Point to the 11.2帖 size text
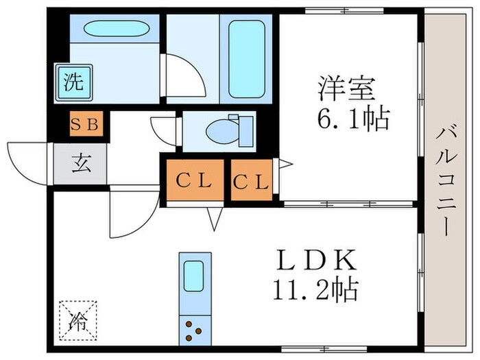(x=311, y=290)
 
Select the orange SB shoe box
(x=87, y=125)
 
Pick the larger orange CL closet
(x=193, y=182)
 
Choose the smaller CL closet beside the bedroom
(x=251, y=182)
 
